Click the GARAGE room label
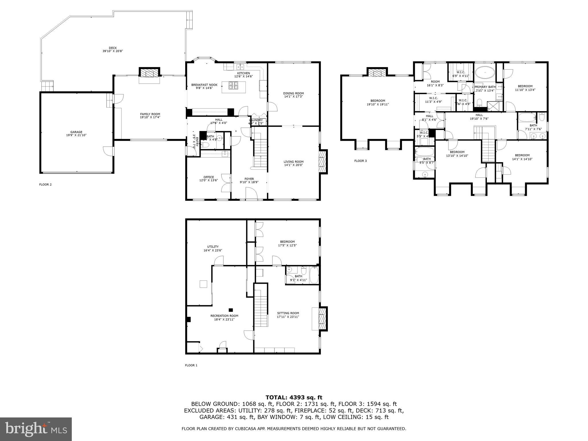pos(76,134)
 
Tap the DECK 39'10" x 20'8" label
pos(113,49)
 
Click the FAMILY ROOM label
pos(150,115)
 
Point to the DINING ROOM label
pos(293,95)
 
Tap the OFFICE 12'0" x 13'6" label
pos(208,179)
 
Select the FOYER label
pos(249,180)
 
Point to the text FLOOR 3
pos(360,161)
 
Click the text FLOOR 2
pos(45,185)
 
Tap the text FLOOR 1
pos(191,365)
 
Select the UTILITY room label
pos(213,248)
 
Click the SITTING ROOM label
pos(288,315)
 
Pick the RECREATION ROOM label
pos(226,317)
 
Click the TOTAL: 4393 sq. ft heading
pos(294,397)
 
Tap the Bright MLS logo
pos(36,429)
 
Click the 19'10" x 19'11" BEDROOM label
pos(378,102)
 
